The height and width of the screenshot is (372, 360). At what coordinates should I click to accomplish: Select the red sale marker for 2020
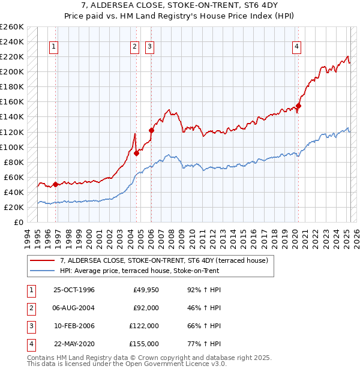[x=298, y=106]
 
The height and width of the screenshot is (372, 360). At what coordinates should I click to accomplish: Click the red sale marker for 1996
[x=55, y=185]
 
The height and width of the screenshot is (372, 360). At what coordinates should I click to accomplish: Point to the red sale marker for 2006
[x=151, y=130]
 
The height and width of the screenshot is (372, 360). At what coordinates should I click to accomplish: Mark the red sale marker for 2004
[x=136, y=153]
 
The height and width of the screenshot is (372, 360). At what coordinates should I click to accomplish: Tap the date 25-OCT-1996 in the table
[x=74, y=290]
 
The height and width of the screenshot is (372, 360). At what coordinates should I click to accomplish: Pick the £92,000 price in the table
[x=146, y=308]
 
